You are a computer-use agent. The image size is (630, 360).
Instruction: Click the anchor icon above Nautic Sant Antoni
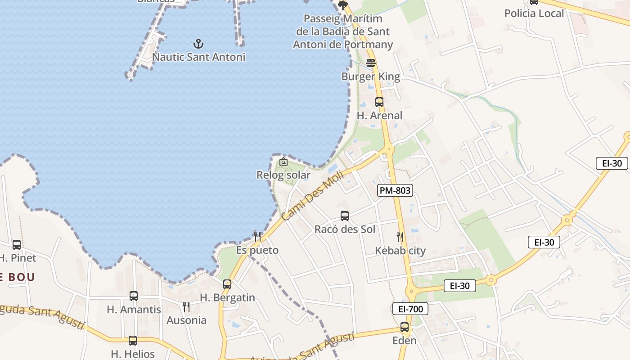[198, 44]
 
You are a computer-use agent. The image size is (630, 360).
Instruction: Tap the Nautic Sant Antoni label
[198, 57]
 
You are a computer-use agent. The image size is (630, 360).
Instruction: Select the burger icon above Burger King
[371, 63]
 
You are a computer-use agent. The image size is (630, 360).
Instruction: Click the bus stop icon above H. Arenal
[379, 102]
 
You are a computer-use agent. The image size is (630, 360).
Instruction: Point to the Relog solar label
[283, 175]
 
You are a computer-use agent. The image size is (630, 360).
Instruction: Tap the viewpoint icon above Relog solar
[283, 162]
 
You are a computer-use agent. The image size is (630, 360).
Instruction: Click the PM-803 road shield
[395, 190]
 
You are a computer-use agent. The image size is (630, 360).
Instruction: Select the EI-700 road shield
[410, 309]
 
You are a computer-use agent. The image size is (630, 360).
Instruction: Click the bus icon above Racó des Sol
[345, 216]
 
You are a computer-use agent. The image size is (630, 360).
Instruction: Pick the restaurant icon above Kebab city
[400, 237]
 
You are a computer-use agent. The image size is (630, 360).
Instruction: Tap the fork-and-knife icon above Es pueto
[257, 236]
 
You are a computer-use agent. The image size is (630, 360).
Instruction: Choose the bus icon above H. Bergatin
[227, 284]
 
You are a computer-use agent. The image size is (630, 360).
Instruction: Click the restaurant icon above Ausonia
[186, 307]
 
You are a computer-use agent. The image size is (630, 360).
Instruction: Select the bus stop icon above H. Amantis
[134, 296]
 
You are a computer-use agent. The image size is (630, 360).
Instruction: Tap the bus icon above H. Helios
[133, 341]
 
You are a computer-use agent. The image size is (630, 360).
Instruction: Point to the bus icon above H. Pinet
[17, 245]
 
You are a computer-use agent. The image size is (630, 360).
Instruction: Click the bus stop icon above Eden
[405, 327]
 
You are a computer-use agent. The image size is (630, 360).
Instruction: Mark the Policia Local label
[534, 13]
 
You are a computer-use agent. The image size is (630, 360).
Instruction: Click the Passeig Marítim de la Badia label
[343, 31]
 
